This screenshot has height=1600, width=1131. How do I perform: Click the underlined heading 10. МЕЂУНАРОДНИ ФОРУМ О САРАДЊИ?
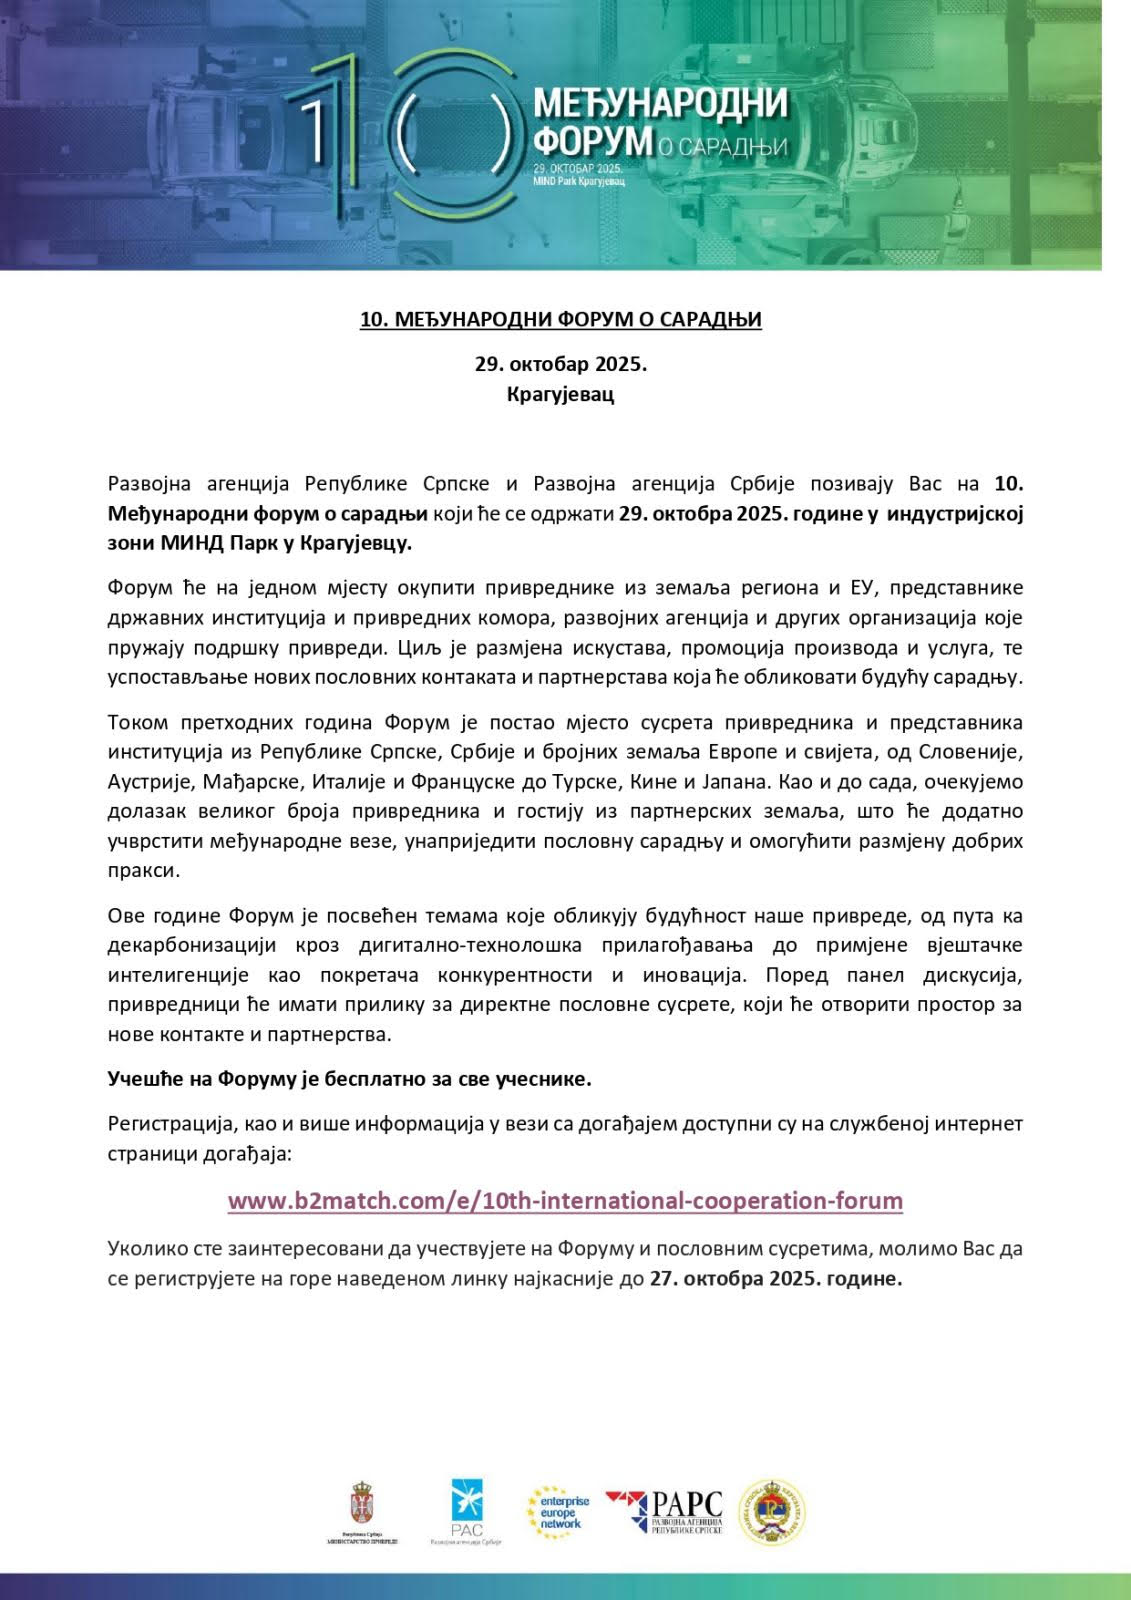561,320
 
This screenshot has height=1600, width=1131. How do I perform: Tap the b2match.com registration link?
565,1201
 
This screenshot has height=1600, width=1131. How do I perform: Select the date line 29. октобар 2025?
561,363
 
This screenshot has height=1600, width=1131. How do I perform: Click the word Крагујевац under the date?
561,393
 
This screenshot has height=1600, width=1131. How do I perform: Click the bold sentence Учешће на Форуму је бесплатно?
350,1079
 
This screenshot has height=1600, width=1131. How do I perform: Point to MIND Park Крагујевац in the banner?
579,182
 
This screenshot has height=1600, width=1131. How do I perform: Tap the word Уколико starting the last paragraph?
146,1249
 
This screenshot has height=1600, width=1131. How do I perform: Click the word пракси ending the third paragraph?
144,870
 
